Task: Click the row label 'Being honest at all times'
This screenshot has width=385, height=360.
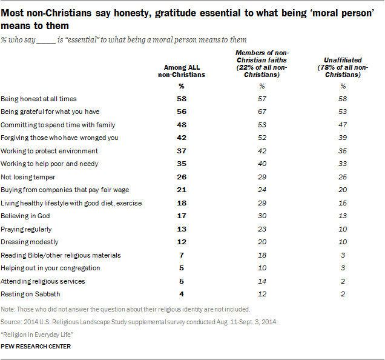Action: pyautogui.click(x=39, y=98)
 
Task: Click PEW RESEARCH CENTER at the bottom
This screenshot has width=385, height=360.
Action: pyautogui.click(x=36, y=347)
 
